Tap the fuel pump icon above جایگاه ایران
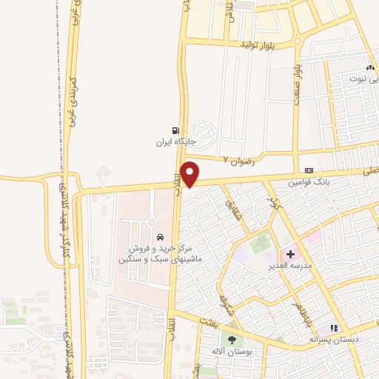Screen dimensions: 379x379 click(175, 128)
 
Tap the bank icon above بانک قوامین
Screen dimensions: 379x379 click(308, 170)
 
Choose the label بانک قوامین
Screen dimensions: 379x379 click(308, 181)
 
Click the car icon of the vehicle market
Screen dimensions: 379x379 click(158, 236)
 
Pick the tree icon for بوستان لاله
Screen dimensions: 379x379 click(233, 340)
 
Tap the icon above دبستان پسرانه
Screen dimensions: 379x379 click(335, 328)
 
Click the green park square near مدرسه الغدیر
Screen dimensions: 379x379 click(261, 242)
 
